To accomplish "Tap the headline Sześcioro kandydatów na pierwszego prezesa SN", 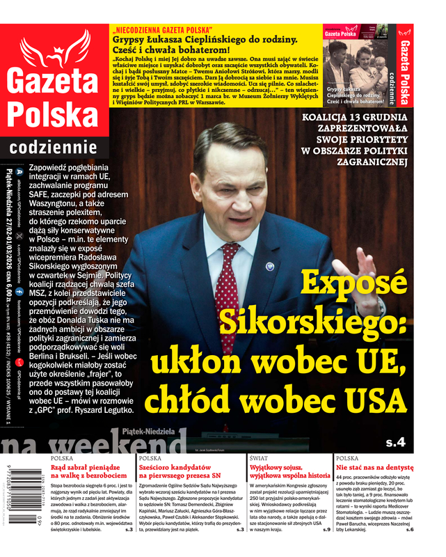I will click(185, 473).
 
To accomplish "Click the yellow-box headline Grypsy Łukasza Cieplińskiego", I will click(205, 40).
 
